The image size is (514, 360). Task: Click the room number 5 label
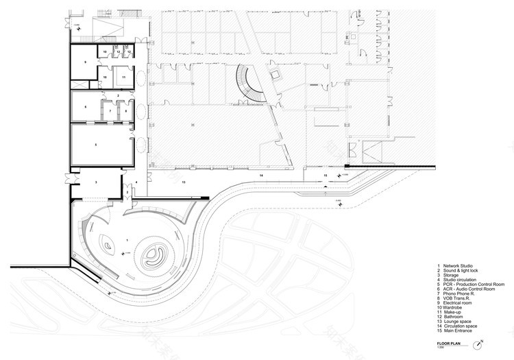tap(96, 145)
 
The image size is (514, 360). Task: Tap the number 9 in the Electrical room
tap(86, 62)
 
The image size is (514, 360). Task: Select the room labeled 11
tap(124, 78)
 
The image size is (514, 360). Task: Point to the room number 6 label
tap(86, 107)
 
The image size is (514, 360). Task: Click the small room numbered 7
tap(110, 110)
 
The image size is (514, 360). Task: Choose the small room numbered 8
tap(127, 110)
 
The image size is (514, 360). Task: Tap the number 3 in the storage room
tap(96, 182)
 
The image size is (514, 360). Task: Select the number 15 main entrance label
tap(326, 176)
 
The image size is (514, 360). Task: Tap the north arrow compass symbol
tap(483, 342)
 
